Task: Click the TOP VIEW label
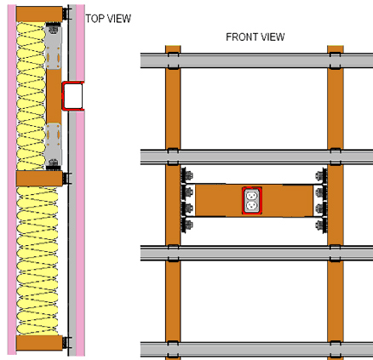[108, 19]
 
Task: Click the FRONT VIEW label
[255, 37]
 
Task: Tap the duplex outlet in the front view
[252, 201]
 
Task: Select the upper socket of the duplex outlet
[252, 195]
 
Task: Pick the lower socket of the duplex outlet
[252, 206]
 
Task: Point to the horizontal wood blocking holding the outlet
[254, 201]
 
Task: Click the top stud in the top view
[39, 14]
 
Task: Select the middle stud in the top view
[39, 178]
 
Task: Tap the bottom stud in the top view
[39, 343]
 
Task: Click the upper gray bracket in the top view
[54, 47]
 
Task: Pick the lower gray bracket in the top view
[54, 146]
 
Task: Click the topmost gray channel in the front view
[256, 60]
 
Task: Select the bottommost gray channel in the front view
[256, 349]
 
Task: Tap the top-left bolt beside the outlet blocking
[187, 175]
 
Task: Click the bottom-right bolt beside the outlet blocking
[321, 226]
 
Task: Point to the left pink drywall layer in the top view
[12, 180]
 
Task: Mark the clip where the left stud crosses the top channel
[173, 60]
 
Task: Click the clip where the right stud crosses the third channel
[335, 253]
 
